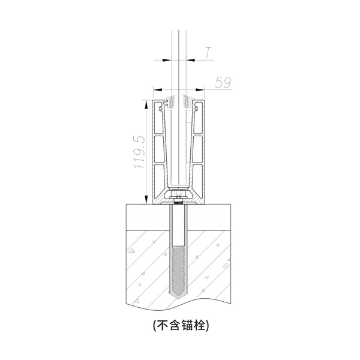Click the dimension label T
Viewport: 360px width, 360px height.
[x=208, y=53]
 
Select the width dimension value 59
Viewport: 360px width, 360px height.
[x=223, y=83]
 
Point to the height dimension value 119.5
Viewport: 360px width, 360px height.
[x=139, y=152]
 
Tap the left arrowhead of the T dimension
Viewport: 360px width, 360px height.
[x=167, y=60]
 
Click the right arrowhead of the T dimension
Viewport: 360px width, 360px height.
[x=190, y=60]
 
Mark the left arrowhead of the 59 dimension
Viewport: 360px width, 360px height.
[x=158, y=89]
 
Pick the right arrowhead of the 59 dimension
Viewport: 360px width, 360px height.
[x=200, y=89]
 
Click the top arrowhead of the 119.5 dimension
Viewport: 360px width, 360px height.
[x=146, y=104]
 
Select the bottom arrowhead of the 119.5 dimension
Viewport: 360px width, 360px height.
[x=146, y=199]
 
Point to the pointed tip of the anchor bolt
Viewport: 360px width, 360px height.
[x=179, y=299]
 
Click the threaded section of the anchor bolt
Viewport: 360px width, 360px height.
[x=179, y=271]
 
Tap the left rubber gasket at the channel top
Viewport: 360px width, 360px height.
[x=170, y=101]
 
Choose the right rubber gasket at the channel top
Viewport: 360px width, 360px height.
[x=188, y=101]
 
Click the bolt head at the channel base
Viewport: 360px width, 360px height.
[x=178, y=192]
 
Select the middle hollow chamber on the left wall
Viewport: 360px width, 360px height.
[x=159, y=149]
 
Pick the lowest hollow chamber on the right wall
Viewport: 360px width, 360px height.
[x=197, y=178]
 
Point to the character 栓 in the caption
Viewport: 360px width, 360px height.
[x=199, y=325]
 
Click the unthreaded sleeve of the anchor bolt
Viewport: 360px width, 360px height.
[x=179, y=226]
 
